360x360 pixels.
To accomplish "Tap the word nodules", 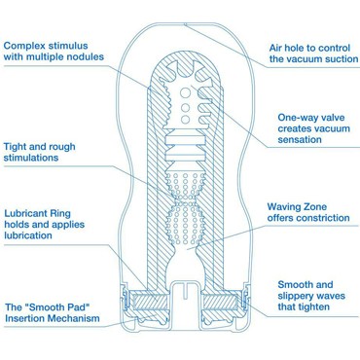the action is pos(86,56).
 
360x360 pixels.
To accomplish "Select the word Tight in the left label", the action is pos(15,147).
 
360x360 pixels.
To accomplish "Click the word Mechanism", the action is pos(75,318).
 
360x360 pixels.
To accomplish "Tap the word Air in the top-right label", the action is pos(275,48).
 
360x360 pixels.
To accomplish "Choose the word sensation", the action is pos(300,140).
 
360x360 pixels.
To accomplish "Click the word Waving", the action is pos(281,207).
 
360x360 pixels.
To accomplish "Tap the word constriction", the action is pos(325,218).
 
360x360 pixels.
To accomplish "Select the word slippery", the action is pos(298,296).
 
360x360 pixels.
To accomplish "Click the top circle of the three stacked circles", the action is pos(185,93).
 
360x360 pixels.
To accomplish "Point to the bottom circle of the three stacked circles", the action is pos(185,120).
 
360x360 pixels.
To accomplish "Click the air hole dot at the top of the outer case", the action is pos(185,24).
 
